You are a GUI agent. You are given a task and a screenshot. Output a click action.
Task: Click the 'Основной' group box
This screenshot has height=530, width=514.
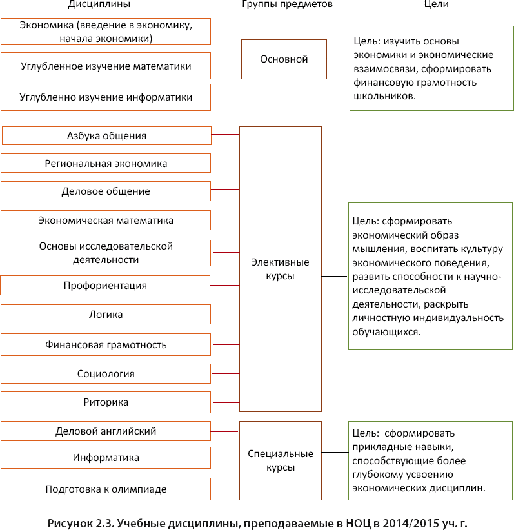click(284, 59)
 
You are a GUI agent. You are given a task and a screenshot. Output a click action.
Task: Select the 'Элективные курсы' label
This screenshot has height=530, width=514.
click(280, 269)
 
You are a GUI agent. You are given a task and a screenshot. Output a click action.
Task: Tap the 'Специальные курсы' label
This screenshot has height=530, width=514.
click(281, 460)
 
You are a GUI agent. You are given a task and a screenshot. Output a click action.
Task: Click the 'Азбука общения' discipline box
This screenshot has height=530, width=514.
click(106, 136)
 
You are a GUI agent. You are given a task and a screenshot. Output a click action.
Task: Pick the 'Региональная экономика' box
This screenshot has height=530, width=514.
click(106, 163)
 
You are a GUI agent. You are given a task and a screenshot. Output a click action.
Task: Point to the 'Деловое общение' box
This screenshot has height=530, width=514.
click(106, 191)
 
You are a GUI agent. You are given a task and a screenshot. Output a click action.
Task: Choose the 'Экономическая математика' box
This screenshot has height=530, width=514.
click(106, 221)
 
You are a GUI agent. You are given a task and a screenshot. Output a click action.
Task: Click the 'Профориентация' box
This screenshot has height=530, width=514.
click(106, 285)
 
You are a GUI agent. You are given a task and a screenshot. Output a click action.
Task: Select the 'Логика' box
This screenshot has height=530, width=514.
click(106, 315)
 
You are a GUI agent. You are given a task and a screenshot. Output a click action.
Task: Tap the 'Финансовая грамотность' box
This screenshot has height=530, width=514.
click(106, 344)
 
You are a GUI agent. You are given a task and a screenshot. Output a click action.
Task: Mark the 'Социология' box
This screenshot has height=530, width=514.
click(106, 374)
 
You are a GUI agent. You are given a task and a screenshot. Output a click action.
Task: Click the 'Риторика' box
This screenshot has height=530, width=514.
click(106, 402)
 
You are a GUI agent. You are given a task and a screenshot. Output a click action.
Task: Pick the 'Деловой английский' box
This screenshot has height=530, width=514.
click(106, 431)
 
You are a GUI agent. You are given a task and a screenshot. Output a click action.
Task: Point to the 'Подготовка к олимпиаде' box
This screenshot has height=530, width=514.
click(106, 489)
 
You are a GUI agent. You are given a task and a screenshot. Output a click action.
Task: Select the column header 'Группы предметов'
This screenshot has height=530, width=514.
click(287, 5)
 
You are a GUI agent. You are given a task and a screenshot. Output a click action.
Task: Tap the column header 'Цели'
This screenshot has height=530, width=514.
click(436, 5)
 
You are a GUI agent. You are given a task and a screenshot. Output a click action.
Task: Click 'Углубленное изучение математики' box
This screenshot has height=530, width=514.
click(106, 66)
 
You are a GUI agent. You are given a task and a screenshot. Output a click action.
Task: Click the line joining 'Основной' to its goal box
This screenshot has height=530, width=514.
click(338, 59)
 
